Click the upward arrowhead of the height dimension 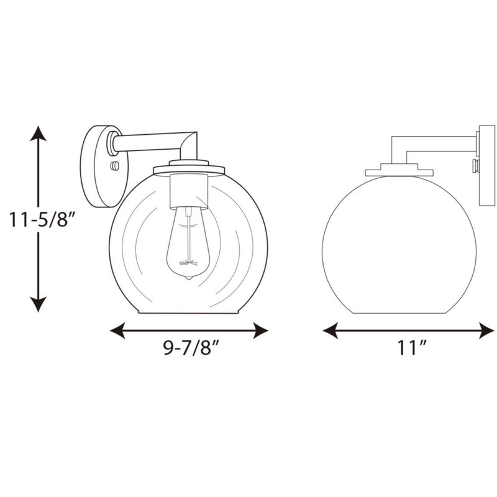coord(39,133)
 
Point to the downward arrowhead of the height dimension coord(39,304)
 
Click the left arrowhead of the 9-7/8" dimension coord(117,331)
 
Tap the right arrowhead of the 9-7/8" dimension coord(260,331)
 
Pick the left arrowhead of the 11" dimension coord(331,331)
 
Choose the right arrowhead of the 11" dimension coord(486,331)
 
